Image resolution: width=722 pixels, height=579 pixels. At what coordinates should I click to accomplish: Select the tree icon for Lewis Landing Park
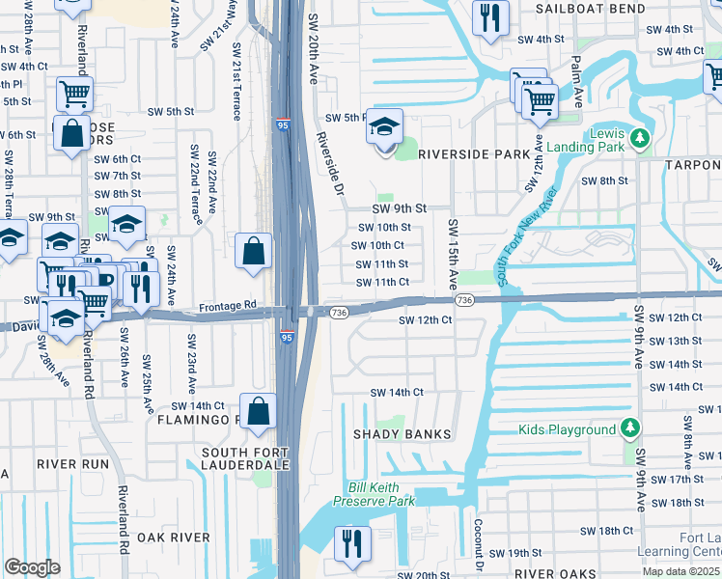[x=638, y=140]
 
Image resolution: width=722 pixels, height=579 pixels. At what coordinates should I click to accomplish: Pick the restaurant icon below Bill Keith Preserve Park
[x=352, y=543]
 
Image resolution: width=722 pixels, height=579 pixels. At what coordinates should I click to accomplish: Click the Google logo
[x=32, y=567]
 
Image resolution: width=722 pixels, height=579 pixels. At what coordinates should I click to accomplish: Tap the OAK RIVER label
[x=174, y=537]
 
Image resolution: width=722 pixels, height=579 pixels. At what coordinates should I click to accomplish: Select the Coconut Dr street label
[x=477, y=546]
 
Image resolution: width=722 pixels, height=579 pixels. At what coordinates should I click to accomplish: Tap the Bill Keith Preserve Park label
[x=374, y=495]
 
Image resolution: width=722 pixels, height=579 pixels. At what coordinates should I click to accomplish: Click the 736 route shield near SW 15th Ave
[x=465, y=301]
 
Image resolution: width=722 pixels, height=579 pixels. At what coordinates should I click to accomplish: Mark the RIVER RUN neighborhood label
[x=73, y=463]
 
